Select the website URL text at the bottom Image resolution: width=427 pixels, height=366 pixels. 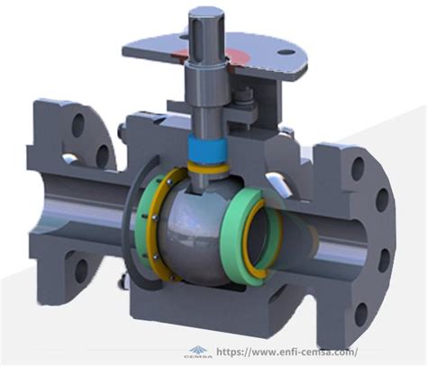[x=286, y=352]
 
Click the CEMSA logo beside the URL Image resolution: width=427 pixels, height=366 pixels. [x=198, y=353]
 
